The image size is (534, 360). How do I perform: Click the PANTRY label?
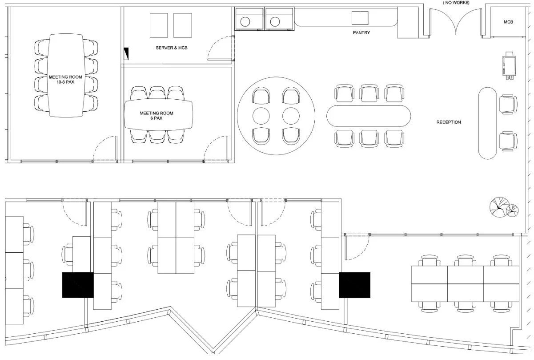click(x=361, y=32)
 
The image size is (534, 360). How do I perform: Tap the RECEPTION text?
click(x=449, y=122)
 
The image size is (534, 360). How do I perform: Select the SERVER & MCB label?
click(x=171, y=48)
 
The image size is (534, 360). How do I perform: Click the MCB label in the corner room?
click(x=508, y=22)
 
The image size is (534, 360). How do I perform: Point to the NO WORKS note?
click(x=456, y=3)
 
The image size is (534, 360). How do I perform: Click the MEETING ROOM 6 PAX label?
click(x=157, y=115)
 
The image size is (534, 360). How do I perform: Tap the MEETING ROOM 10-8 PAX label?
click(x=65, y=80)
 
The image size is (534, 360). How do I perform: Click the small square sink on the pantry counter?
click(x=360, y=18)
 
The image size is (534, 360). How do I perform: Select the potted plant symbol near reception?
click(x=504, y=207)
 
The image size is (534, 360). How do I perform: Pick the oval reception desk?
click(x=487, y=123)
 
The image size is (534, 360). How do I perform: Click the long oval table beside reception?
click(x=369, y=116)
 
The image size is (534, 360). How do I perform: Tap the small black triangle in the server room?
click(x=126, y=53)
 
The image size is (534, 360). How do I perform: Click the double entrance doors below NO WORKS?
click(x=456, y=22)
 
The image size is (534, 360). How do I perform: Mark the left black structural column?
click(x=78, y=285)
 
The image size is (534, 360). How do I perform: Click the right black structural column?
click(x=354, y=285)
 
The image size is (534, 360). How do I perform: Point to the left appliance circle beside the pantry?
click(x=245, y=22)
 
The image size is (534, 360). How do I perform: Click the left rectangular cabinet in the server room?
click(x=159, y=25)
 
